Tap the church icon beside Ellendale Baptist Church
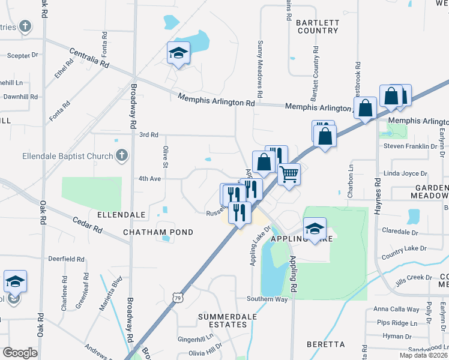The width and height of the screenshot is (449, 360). point(121,156)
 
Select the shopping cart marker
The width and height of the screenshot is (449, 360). point(289,175)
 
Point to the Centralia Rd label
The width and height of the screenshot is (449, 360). point(89,57)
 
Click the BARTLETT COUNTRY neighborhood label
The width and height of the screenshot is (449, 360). point(318,26)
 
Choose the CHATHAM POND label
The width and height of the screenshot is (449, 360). point(158,232)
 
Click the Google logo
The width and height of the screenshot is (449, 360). point(20,353)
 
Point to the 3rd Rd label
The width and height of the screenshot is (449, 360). point(148,135)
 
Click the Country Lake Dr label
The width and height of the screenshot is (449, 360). point(403,248)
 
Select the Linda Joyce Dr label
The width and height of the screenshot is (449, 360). point(405,173)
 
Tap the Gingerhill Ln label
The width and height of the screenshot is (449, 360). point(195,339)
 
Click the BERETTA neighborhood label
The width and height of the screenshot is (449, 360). point(325,344)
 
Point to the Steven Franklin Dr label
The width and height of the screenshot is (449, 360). point(410,146)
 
